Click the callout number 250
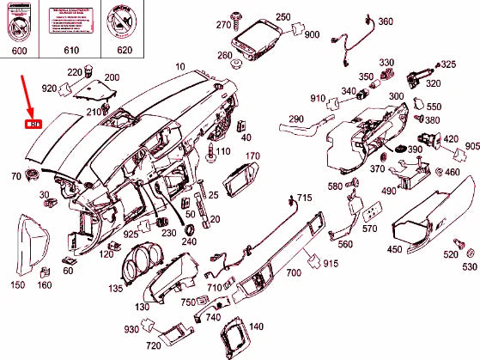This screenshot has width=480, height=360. [283, 17]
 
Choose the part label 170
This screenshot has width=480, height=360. [252, 156]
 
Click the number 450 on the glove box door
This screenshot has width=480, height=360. [394, 249]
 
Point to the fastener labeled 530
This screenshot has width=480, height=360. [469, 268]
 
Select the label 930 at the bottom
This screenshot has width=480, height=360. [131, 328]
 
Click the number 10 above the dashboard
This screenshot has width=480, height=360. [179, 66]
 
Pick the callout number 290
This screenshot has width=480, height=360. [296, 119]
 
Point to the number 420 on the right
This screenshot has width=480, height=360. [451, 139]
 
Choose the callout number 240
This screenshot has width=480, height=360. [189, 241]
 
